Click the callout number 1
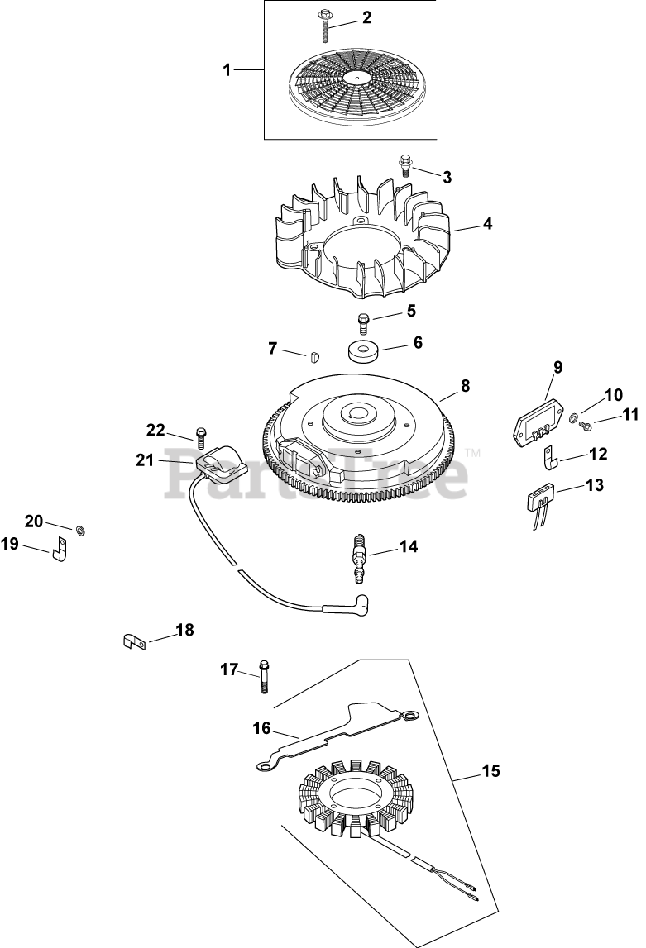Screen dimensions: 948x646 tap(227, 71)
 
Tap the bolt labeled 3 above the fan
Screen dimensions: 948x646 tap(405, 164)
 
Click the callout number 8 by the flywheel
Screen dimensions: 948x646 tap(465, 385)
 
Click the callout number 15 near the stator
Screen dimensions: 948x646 tap(491, 771)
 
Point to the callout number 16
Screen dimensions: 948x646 tap(261, 727)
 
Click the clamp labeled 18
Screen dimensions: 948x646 tap(133, 641)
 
